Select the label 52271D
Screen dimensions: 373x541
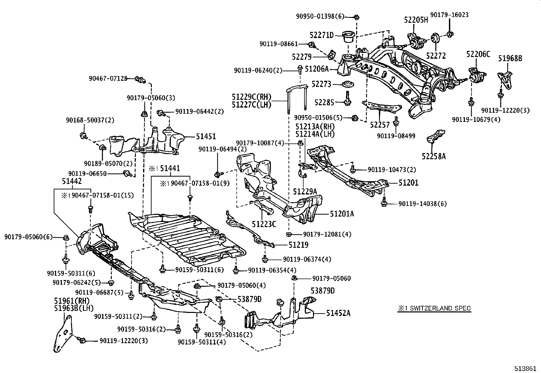tap(321, 35)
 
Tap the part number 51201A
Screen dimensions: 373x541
tap(342, 213)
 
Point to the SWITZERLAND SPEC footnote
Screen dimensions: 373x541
tap(435, 309)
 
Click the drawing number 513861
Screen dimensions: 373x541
tap(526, 368)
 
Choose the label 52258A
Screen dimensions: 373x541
tap(434, 156)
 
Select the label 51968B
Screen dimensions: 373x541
tap(510, 58)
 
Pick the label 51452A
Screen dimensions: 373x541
tap(338, 313)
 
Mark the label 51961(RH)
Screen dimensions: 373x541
tap(71, 301)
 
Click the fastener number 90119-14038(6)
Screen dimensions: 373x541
tap(423, 204)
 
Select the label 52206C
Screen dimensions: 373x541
tap(478, 54)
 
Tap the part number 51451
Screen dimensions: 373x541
tap(206, 136)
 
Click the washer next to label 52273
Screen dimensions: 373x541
tap(348, 84)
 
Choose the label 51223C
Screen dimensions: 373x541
tap(264, 224)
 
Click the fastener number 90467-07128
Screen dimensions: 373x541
tap(108, 78)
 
